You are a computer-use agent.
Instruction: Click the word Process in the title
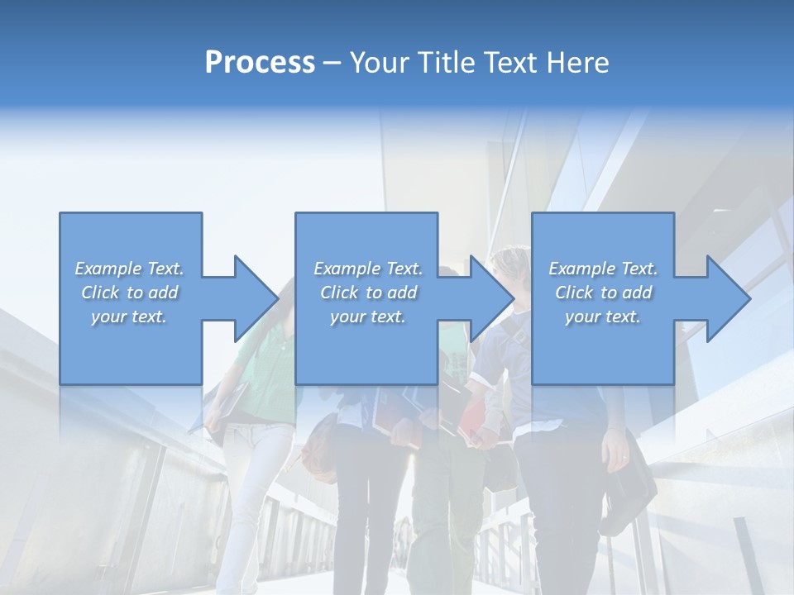pos(260,63)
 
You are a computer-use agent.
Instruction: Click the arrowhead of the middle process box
pos(491,298)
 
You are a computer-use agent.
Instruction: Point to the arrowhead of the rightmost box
pos(728,298)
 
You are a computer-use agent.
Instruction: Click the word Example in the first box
pos(108,269)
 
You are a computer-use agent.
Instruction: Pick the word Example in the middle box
pos(347,269)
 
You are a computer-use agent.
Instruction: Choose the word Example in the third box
pos(581,269)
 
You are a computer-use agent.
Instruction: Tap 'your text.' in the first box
pos(129,317)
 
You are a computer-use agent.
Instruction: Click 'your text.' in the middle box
pos(367,317)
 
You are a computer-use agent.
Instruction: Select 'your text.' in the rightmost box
pos(603,317)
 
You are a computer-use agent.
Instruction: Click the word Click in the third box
pos(574,293)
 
